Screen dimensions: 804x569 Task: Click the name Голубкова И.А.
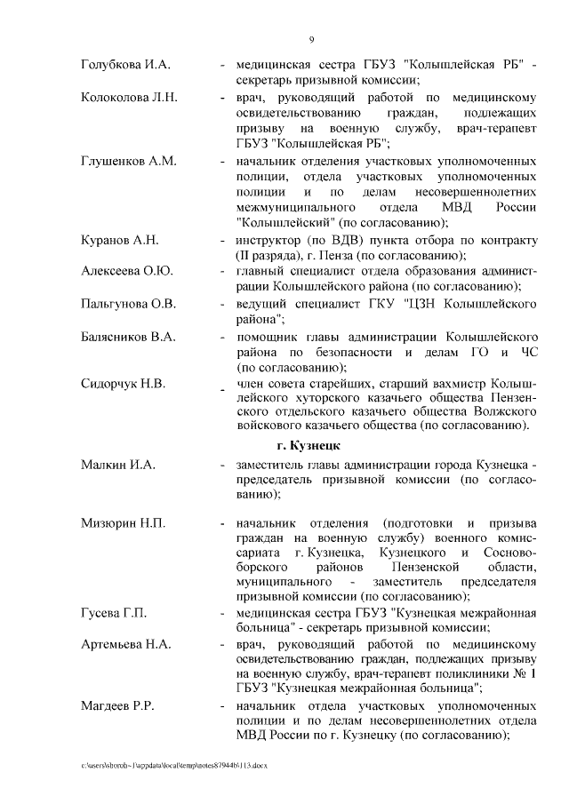(125, 65)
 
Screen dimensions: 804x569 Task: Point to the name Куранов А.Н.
(119, 241)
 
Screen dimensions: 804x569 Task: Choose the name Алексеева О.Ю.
(126, 270)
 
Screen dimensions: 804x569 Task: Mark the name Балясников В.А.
(128, 338)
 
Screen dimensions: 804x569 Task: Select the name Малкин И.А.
(117, 464)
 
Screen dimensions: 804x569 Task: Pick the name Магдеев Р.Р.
(117, 705)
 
